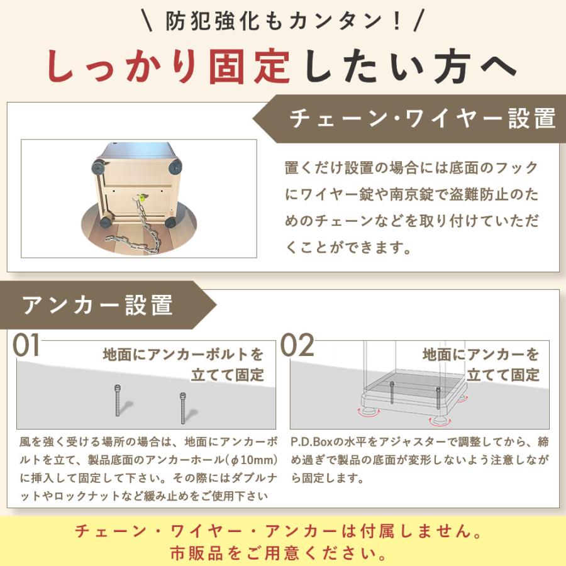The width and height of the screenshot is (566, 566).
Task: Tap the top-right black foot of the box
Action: [x=174, y=167]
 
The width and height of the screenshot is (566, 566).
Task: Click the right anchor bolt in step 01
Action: [x=182, y=408]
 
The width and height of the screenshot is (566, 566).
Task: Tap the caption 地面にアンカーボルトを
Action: [x=183, y=355]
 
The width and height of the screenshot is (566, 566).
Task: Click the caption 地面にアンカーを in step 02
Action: [x=480, y=354]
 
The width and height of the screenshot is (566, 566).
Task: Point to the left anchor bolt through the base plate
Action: [x=392, y=394]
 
